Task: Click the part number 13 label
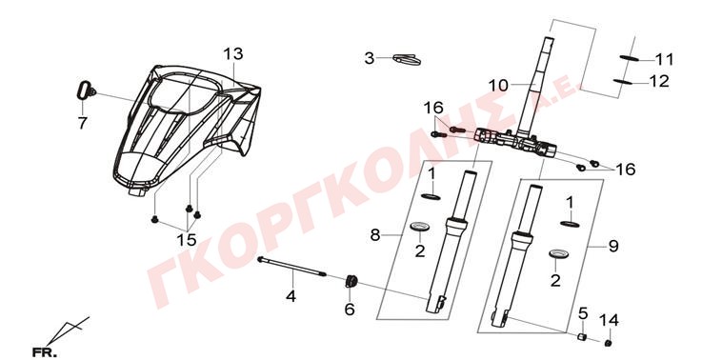[233, 54]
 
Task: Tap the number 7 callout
[83, 123]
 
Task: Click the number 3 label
[370, 58]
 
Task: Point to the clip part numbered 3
[407, 59]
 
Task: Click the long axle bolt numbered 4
[291, 267]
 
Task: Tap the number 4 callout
[291, 297]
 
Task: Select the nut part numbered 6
[351, 281]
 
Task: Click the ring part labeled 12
[622, 82]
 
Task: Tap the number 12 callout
[659, 81]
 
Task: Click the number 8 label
[375, 235]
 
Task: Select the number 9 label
[612, 247]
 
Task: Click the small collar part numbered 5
[582, 337]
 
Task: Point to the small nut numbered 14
[609, 343]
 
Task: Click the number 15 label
[187, 239]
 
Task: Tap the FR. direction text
[45, 353]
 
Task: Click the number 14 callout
[609, 319]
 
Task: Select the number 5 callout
[583, 313]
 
